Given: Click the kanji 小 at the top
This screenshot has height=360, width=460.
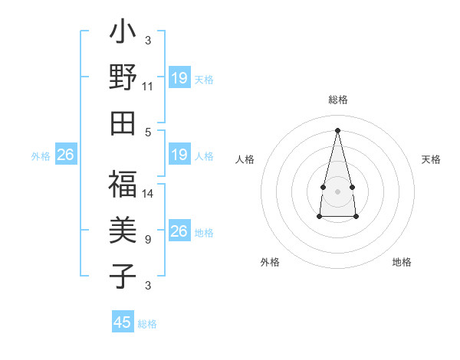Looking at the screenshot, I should pos(123,36).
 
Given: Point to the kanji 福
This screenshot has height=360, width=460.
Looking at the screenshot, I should pos(123,185).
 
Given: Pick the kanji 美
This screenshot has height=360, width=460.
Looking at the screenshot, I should pos(123,231).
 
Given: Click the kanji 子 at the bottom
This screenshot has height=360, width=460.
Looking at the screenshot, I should pos(123,275).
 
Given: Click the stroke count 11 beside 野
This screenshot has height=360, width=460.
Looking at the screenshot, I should pos(148,87).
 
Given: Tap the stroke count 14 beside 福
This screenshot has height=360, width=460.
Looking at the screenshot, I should pos(148,194).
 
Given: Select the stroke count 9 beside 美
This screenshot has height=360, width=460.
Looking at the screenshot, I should pos(148,239).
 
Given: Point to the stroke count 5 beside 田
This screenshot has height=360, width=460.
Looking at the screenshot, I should pos(148,131).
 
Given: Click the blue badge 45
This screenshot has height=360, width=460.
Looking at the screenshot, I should pos(123,322).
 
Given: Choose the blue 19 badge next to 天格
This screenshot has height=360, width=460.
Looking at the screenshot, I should pos(179,78).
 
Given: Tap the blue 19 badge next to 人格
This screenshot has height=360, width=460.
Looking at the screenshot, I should pos(179,155).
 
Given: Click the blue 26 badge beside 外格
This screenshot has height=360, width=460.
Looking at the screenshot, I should pos(65,155).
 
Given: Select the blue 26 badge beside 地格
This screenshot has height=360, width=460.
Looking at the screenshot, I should pos(179,231).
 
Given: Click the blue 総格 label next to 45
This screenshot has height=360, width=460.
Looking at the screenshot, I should pos(147,324).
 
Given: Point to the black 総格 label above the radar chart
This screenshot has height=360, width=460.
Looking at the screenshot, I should pos(338,100).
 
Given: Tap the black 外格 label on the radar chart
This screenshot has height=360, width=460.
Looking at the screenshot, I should pos(270,262).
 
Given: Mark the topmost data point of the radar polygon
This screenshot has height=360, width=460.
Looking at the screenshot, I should pos(338,129).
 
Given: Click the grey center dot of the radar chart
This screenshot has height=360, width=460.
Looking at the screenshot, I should pos(338,190).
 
